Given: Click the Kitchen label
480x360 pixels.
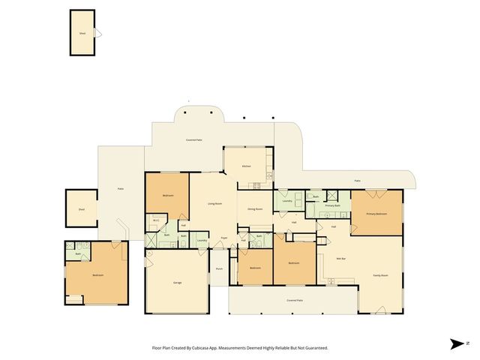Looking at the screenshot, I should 245,166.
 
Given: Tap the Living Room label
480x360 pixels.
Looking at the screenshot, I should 214,204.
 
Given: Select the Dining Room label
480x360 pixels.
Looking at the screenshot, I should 255,209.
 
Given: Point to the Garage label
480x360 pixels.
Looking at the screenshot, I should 178,283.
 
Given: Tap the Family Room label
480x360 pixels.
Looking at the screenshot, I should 380,275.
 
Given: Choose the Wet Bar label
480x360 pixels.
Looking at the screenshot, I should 340,259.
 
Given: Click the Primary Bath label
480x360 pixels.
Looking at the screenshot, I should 333,205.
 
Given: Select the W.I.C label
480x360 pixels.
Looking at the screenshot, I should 155,220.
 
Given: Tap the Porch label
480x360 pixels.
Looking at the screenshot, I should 219,268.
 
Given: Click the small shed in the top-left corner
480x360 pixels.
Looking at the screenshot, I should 82,33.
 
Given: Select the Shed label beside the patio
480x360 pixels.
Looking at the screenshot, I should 81,210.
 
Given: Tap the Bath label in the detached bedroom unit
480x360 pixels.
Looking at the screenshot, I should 77,254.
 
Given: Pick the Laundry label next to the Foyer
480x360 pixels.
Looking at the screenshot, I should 202,240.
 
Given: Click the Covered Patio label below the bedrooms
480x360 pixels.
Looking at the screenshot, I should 295,300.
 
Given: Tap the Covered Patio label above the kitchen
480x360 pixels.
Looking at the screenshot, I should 194,140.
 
